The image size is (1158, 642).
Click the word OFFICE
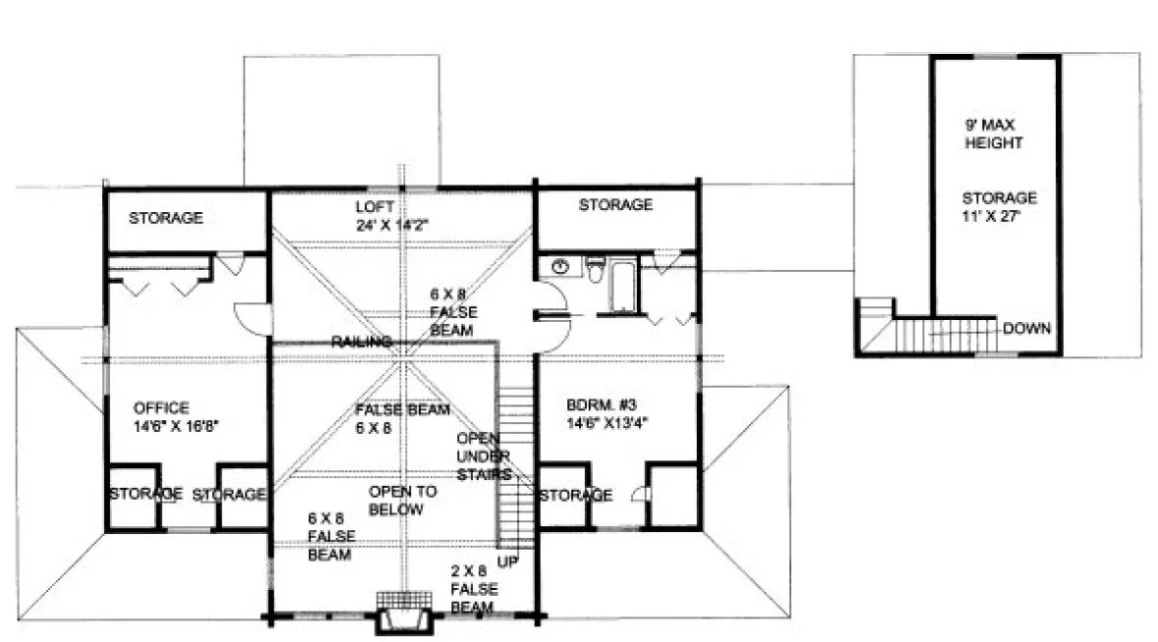[x=162, y=406]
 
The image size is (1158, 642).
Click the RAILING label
[x=361, y=342]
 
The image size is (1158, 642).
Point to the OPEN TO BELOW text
[x=395, y=500]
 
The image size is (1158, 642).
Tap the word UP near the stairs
[x=508, y=562]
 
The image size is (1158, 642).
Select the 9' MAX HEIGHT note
[x=993, y=134]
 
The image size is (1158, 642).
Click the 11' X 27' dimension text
[x=999, y=215]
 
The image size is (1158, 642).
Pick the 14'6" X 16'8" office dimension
[x=176, y=425]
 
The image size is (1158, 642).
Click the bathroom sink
[x=561, y=266]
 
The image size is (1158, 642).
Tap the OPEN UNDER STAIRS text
[x=483, y=455]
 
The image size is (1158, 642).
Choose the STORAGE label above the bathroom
[x=615, y=205]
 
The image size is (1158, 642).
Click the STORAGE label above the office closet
[x=166, y=217]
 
